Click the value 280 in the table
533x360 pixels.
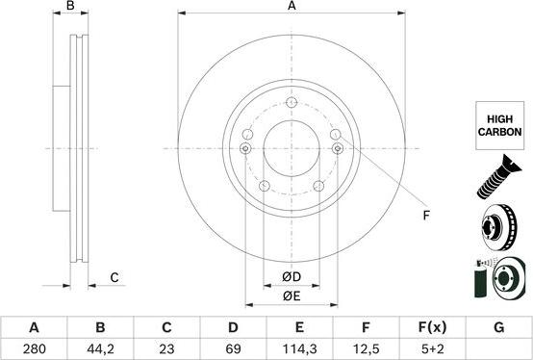pos(34,348)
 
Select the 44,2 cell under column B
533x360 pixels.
pos(100,348)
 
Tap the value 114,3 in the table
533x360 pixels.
pos(299,348)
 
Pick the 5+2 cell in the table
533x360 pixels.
pos(432,348)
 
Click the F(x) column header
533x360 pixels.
pos(432,327)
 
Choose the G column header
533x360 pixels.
pos(498,327)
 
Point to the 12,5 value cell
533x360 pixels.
pos(366,348)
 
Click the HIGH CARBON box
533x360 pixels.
pos(499,125)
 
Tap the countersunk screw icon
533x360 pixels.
pos(498,177)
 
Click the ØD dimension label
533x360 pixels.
pos(292,277)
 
